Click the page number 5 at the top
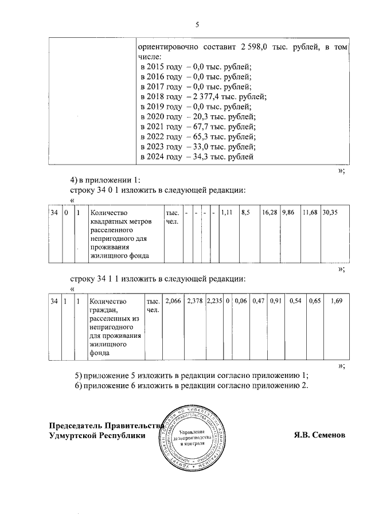pos(197,25)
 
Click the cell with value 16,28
pos(270,212)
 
